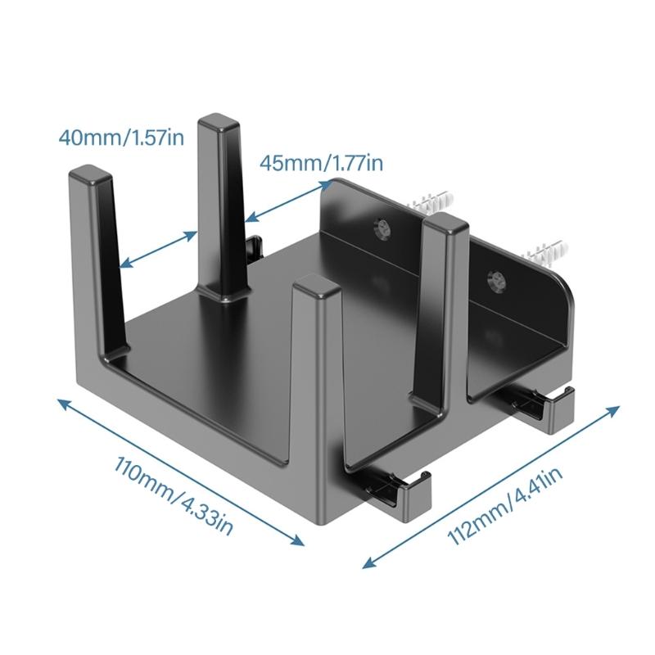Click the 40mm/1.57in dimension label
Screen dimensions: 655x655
[121, 136]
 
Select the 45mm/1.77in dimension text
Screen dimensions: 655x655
[321, 163]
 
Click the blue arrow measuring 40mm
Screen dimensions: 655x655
[157, 248]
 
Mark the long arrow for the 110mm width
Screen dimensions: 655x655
[179, 470]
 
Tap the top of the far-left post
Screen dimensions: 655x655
[88, 175]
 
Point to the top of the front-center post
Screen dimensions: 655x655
[316, 286]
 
